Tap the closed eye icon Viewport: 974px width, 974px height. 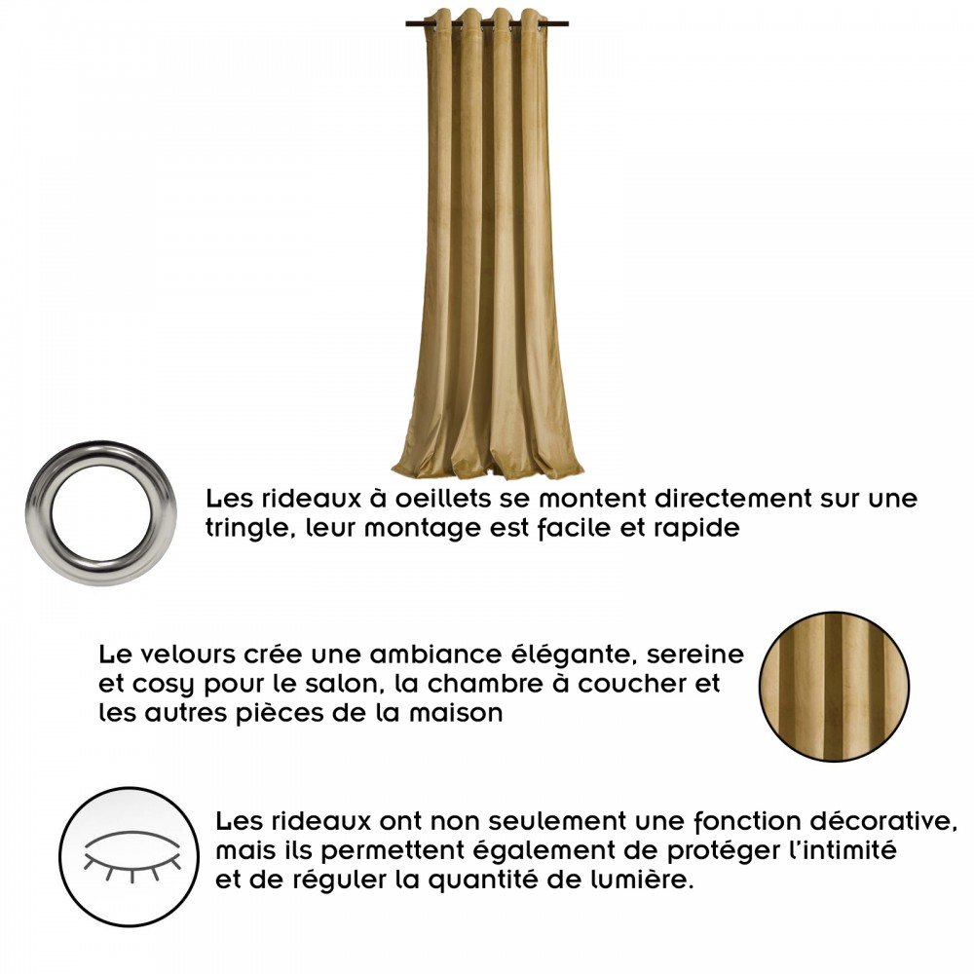[x=131, y=853]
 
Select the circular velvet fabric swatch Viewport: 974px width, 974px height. [x=834, y=687]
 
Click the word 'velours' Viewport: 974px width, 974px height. [x=188, y=655]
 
